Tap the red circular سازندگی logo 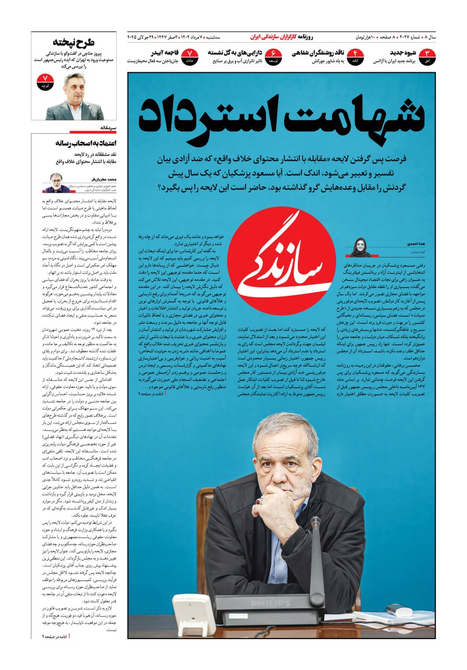[x=281, y=260]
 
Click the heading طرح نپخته [x=74, y=42]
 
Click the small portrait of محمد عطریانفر [x=56, y=182]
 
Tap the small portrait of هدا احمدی [x=361, y=247]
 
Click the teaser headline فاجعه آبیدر [x=165, y=53]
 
